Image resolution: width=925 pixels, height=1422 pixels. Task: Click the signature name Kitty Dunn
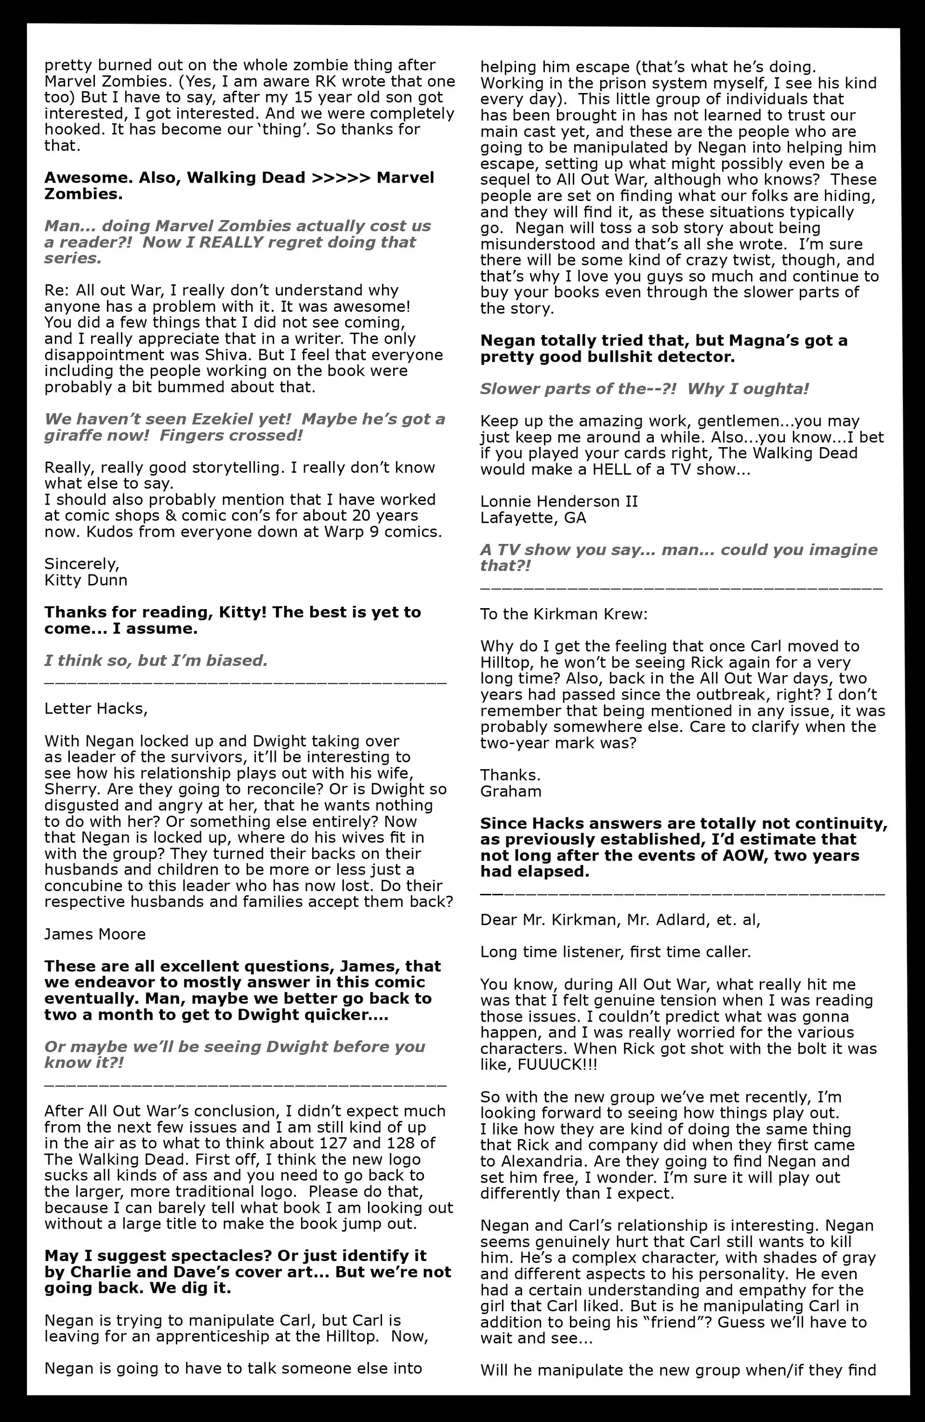pyautogui.click(x=85, y=580)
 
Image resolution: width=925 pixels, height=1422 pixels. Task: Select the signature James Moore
pyautogui.click(x=94, y=934)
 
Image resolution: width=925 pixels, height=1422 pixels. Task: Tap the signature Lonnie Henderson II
pyautogui.click(x=559, y=501)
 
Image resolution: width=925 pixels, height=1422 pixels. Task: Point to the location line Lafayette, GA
pyautogui.click(x=533, y=518)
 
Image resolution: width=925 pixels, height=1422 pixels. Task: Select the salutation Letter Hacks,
pyautogui.click(x=95, y=709)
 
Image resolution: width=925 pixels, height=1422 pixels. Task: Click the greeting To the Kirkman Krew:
pyautogui.click(x=564, y=614)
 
